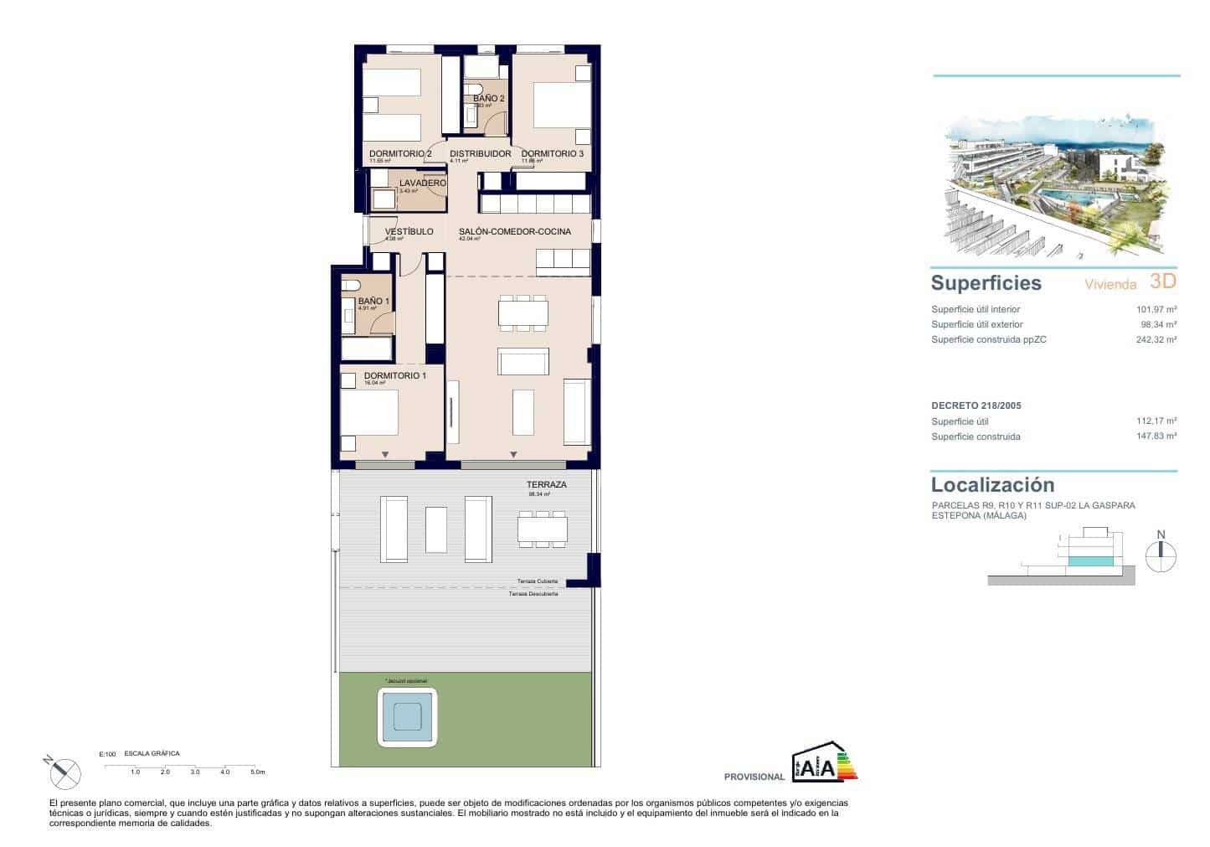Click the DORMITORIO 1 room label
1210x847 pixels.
(x=394, y=376)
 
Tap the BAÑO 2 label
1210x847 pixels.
(x=488, y=99)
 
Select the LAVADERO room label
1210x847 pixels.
(x=422, y=183)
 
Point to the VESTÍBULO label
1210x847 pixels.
(x=409, y=231)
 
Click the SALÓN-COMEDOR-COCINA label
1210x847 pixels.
(x=514, y=231)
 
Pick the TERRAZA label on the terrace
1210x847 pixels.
(x=546, y=485)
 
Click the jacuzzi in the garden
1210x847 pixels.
(x=408, y=716)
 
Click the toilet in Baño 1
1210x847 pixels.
(x=350, y=285)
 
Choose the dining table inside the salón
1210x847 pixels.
(x=523, y=313)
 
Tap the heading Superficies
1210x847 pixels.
(x=986, y=283)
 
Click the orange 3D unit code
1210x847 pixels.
(x=1162, y=281)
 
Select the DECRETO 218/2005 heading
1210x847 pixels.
(x=976, y=405)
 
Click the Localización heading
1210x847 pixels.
(x=992, y=485)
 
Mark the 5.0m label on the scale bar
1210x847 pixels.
(x=257, y=772)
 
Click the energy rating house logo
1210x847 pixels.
(x=824, y=762)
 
